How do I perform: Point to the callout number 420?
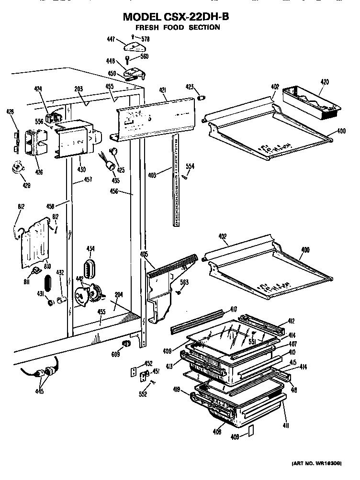(x=324, y=82)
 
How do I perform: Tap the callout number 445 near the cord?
(x=39, y=392)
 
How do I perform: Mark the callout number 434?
(x=90, y=248)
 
